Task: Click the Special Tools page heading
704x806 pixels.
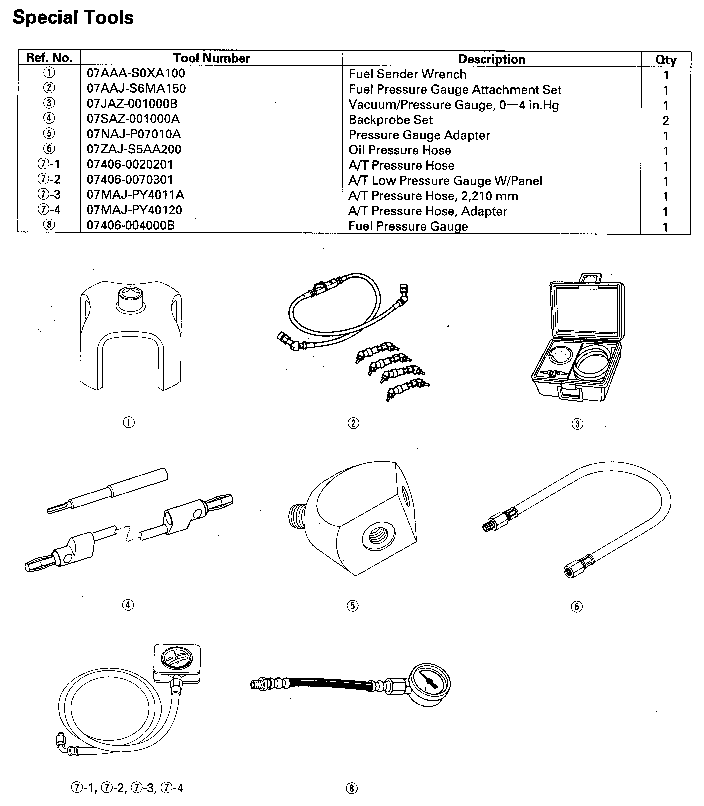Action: [73, 18]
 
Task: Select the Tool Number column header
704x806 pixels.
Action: [211, 58]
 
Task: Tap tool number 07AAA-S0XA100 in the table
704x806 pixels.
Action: [136, 73]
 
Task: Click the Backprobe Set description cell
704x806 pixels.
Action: [390, 120]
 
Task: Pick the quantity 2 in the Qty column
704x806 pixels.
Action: [665, 121]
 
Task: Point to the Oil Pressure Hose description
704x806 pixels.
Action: [400, 150]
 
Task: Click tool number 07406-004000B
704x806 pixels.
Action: [131, 225]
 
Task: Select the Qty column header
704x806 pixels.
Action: [666, 60]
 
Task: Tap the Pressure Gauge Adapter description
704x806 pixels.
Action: [419, 135]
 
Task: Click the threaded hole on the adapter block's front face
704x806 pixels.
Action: [375, 539]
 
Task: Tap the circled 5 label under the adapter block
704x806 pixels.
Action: [352, 606]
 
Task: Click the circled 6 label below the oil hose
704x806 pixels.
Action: [576, 607]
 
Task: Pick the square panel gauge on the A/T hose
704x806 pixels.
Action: [178, 663]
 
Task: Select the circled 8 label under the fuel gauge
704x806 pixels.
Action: [352, 789]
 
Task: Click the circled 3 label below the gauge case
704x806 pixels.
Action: [577, 424]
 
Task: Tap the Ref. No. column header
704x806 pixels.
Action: [49, 58]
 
